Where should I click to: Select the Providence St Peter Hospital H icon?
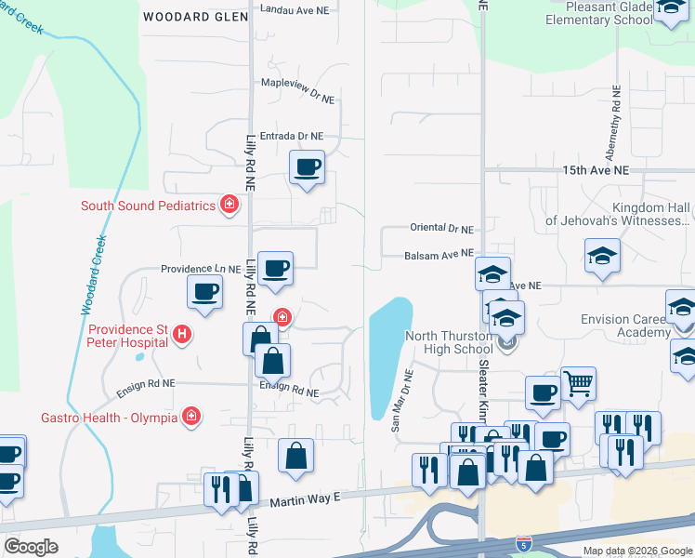pyautogui.click(x=182, y=335)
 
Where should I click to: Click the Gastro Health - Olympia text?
pyautogui.click(x=109, y=417)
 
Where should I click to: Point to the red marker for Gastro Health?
pyautogui.click(x=190, y=417)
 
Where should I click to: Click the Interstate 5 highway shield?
pyautogui.click(x=525, y=540)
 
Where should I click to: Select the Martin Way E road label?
pyautogui.click(x=306, y=500)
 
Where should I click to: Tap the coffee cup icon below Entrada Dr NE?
pyautogui.click(x=308, y=167)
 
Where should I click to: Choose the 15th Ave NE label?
pyautogui.click(x=596, y=171)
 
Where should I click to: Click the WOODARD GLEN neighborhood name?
pyautogui.click(x=195, y=17)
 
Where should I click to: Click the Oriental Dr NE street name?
pyautogui.click(x=441, y=228)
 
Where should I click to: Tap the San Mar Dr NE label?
pyautogui.click(x=401, y=399)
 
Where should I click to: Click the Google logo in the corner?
pyautogui.click(x=31, y=546)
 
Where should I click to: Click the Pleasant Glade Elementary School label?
pyautogui.click(x=599, y=12)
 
